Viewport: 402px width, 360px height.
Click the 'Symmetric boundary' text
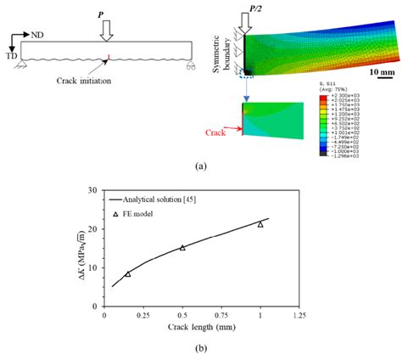[x=223, y=51]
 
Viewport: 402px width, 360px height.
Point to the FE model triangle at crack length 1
[x=260, y=224]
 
